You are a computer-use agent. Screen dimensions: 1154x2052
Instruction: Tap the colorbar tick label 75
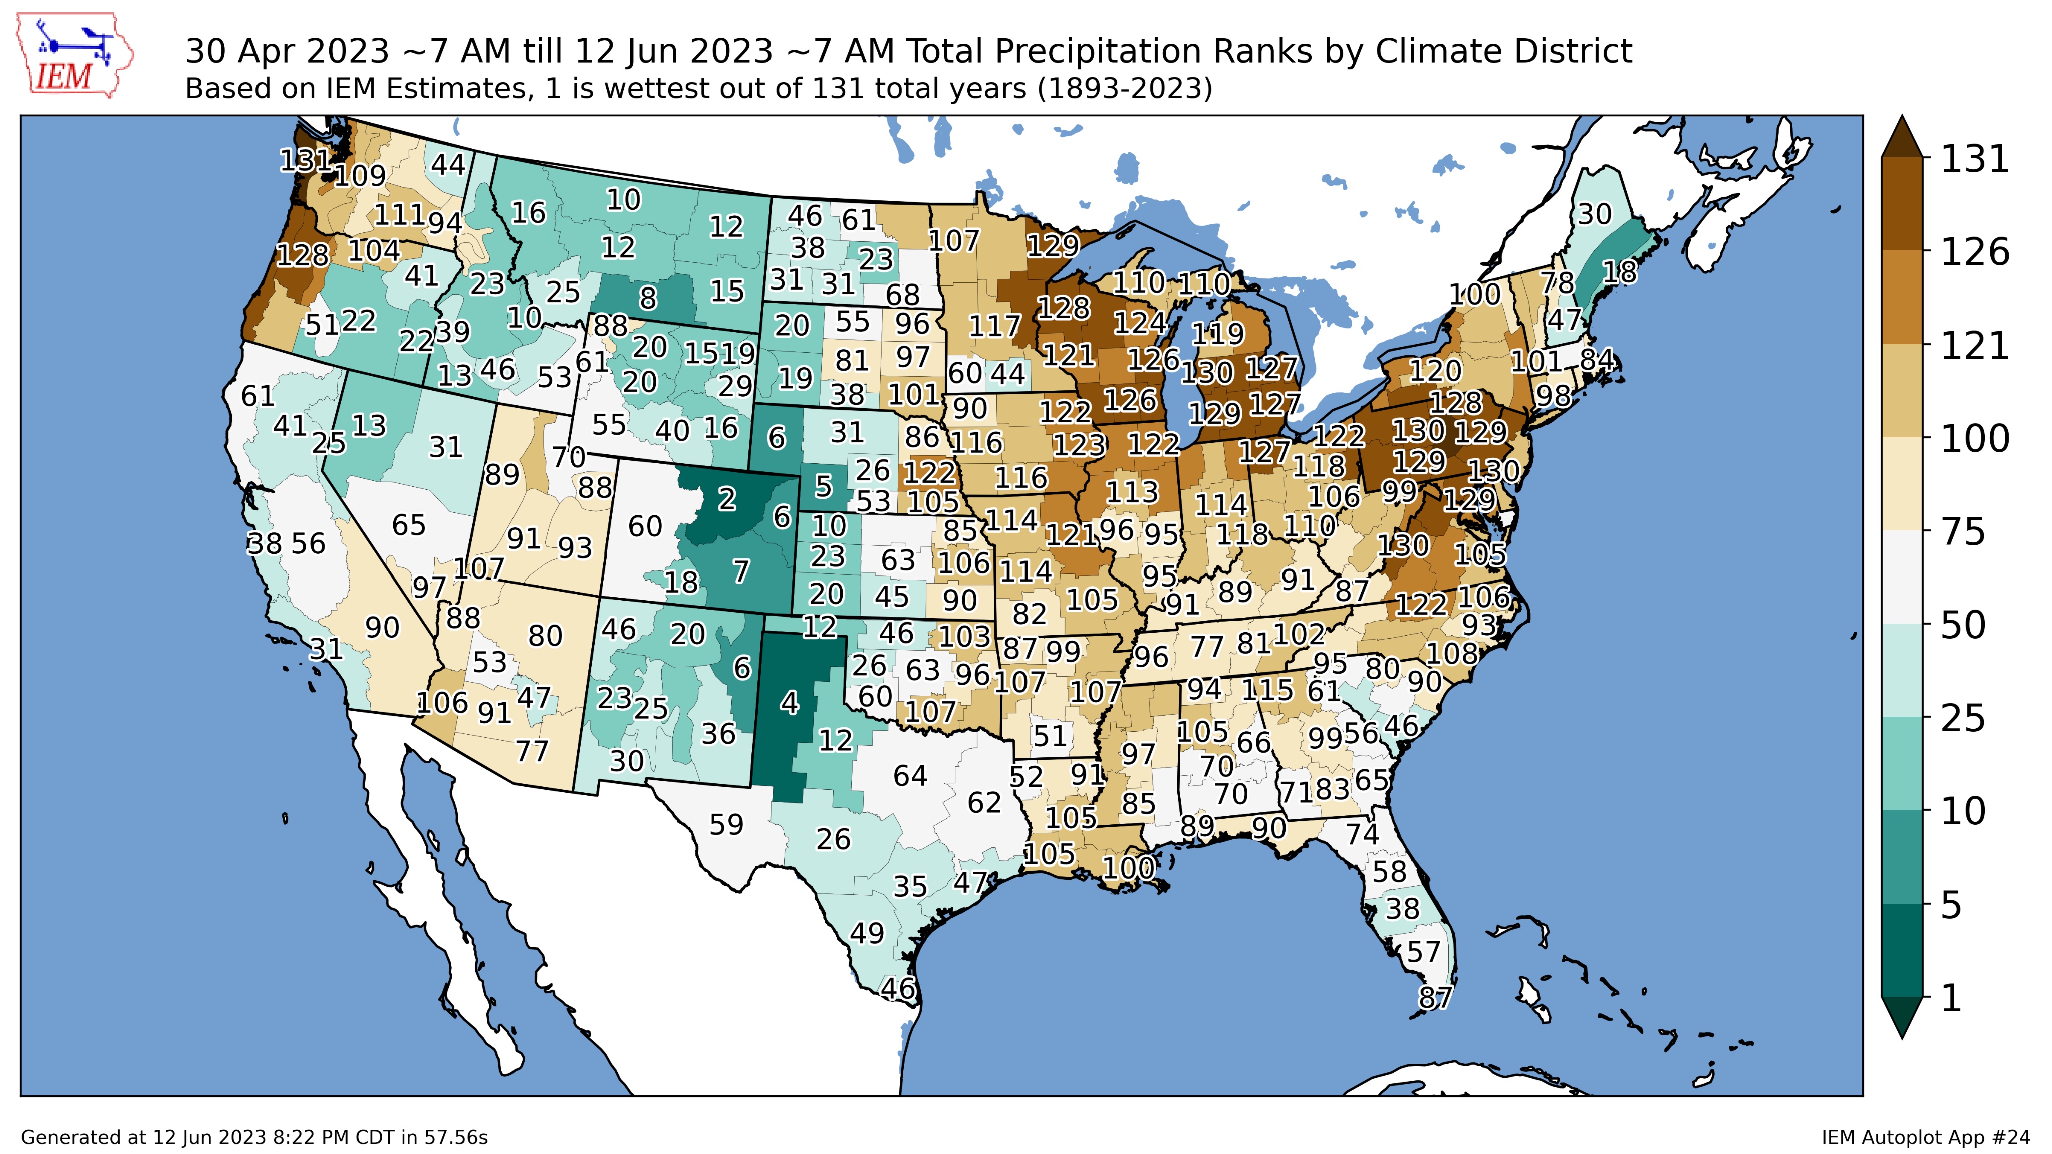click(x=1964, y=532)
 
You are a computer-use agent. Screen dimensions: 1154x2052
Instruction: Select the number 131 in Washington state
click(x=304, y=161)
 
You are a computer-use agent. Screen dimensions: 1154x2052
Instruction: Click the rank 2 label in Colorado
click(x=726, y=499)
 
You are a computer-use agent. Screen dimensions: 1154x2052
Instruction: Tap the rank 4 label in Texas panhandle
click(x=789, y=702)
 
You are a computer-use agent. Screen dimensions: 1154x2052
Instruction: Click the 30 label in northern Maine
click(x=1594, y=214)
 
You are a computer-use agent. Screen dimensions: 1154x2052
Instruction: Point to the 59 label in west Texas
click(x=726, y=824)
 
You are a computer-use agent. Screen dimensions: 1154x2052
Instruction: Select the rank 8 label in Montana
click(x=648, y=298)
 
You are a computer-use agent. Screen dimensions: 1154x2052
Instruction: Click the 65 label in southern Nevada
click(x=409, y=525)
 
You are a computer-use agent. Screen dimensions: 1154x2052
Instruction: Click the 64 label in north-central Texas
click(x=910, y=776)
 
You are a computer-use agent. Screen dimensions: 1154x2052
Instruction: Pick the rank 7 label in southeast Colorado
click(x=741, y=571)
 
